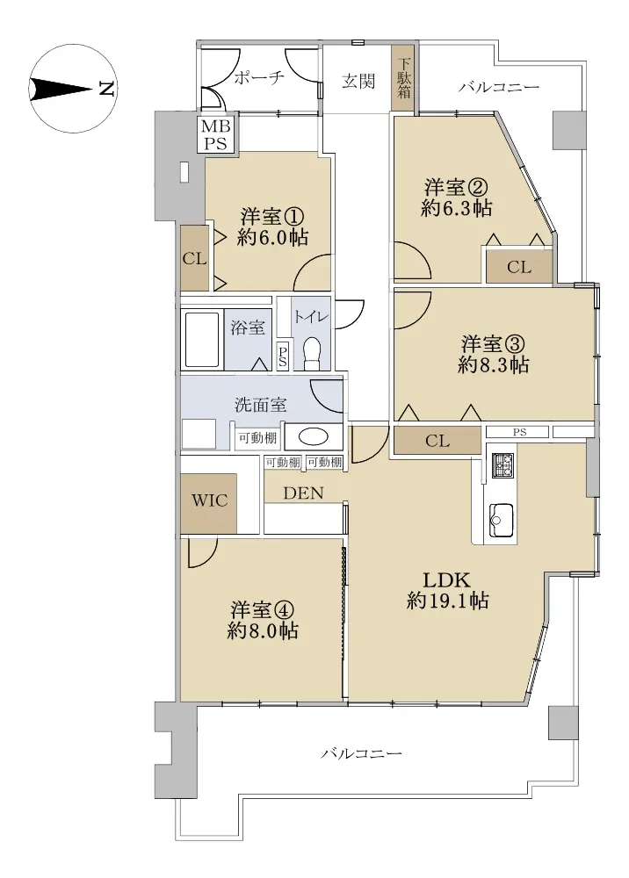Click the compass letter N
point(106,89)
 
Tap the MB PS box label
point(215,135)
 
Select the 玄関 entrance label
point(358,81)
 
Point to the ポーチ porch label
point(259,76)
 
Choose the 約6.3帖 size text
point(457,208)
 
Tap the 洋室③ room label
point(494,343)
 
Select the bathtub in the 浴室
point(201,340)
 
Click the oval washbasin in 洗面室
point(313,436)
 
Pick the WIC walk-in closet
point(209,500)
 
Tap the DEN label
point(304,493)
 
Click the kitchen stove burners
point(502,465)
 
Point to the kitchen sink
point(502,520)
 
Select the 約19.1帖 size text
point(448,601)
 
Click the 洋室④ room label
point(263,610)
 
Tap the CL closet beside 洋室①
point(195,259)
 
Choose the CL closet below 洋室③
point(437,441)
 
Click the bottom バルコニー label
point(362,753)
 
